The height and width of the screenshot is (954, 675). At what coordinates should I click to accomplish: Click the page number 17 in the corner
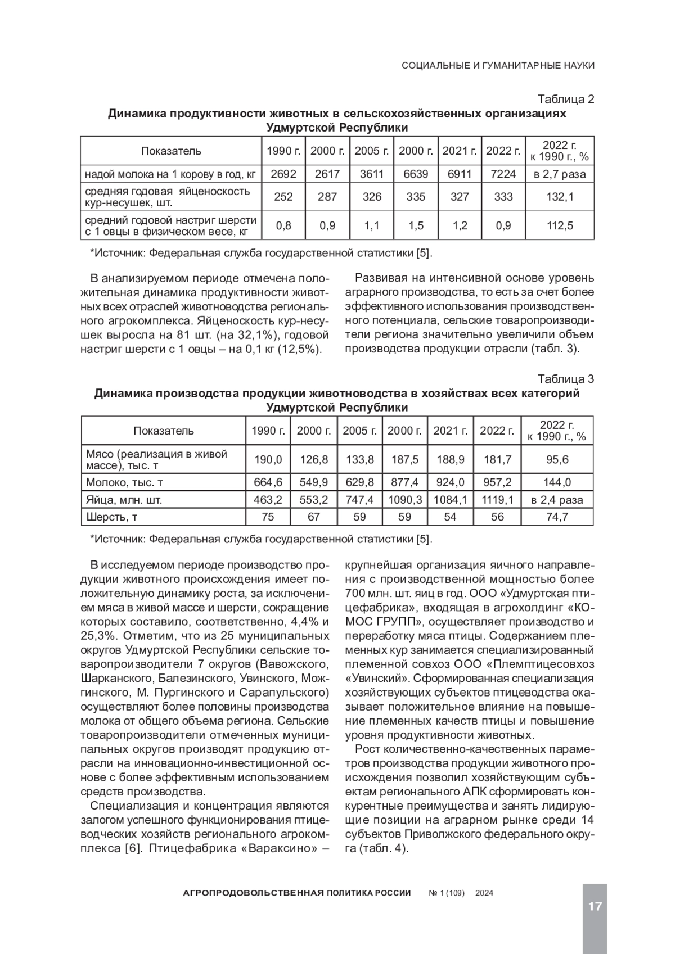[595, 906]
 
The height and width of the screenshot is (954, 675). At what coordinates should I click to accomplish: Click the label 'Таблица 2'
[566, 100]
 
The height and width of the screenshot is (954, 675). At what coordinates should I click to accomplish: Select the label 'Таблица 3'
[566, 379]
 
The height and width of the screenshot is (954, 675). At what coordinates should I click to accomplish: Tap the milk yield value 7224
[503, 174]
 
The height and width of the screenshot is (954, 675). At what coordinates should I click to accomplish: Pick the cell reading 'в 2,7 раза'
[560, 174]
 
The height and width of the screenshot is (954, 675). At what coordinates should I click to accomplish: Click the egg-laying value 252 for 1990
[283, 197]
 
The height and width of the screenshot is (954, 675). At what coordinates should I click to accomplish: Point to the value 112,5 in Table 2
[560, 226]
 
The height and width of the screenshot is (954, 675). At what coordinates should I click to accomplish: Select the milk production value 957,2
[497, 482]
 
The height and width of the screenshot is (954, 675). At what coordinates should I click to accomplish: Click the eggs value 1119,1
[497, 500]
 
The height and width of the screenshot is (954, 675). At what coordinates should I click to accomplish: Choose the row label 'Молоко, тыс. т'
[124, 482]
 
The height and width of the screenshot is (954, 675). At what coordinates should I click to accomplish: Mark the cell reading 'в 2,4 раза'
[557, 500]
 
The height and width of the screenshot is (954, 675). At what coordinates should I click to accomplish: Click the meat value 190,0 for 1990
[268, 460]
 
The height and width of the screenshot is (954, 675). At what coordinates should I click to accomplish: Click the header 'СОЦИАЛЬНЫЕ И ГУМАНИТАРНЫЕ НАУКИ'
[498, 65]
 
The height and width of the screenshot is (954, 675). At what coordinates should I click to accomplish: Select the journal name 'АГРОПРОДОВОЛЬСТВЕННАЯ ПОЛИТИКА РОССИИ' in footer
[298, 893]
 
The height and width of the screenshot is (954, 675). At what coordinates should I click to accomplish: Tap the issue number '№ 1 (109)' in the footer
[447, 893]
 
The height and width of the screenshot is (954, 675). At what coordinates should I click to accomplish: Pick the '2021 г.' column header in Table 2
[460, 151]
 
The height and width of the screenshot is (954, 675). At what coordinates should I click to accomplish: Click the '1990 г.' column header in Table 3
[268, 431]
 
